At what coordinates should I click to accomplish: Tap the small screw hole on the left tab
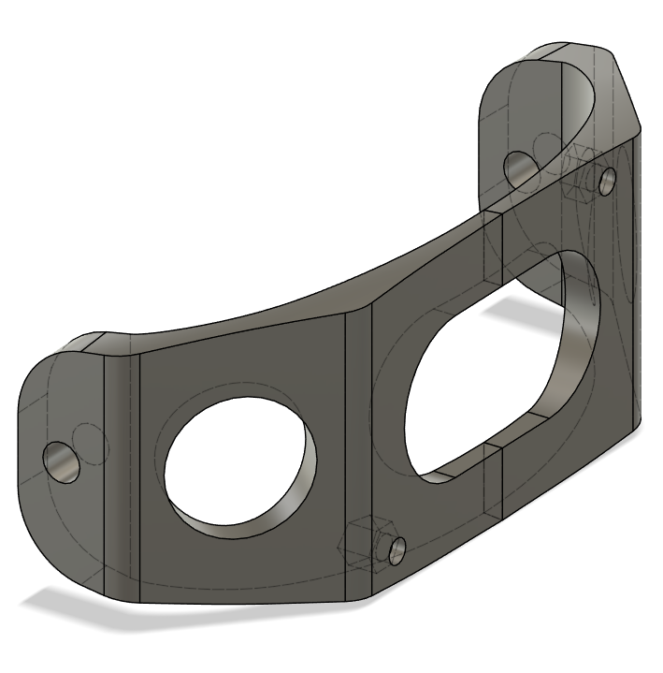(63, 461)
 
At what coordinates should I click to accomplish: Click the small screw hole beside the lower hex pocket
(396, 549)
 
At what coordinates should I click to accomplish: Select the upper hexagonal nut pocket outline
(580, 175)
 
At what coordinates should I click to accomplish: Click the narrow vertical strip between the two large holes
(359, 449)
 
